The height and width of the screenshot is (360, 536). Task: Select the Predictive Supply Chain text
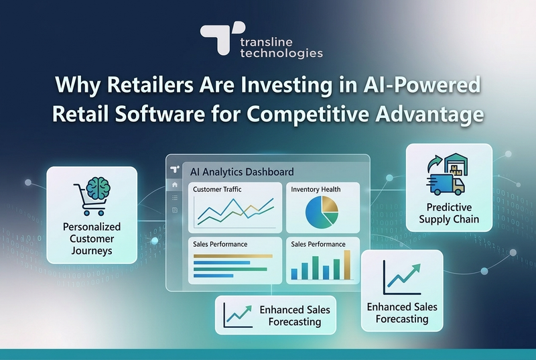pos(450,213)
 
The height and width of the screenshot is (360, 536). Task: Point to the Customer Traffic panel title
pos(217,190)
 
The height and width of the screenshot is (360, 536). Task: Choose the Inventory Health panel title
pos(316,190)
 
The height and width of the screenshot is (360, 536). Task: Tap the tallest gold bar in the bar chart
pos(347,265)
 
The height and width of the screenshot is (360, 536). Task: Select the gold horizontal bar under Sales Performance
pos(232,256)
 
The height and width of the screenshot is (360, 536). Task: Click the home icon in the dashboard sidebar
pos(175,184)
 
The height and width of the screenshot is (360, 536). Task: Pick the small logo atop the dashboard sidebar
pos(175,169)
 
